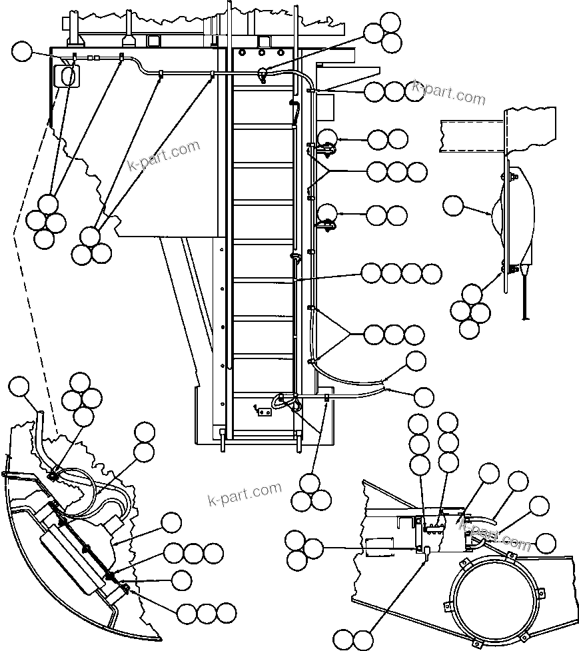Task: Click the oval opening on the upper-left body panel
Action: (67, 77)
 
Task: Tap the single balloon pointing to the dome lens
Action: (454, 205)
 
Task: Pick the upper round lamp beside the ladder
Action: (326, 139)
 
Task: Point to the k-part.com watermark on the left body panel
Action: (164, 155)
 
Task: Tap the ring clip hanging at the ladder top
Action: (264, 75)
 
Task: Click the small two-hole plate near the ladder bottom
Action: (264, 410)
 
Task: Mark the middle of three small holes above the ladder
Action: (262, 52)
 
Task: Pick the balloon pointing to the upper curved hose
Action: (416, 361)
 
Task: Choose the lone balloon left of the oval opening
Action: (23, 51)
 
